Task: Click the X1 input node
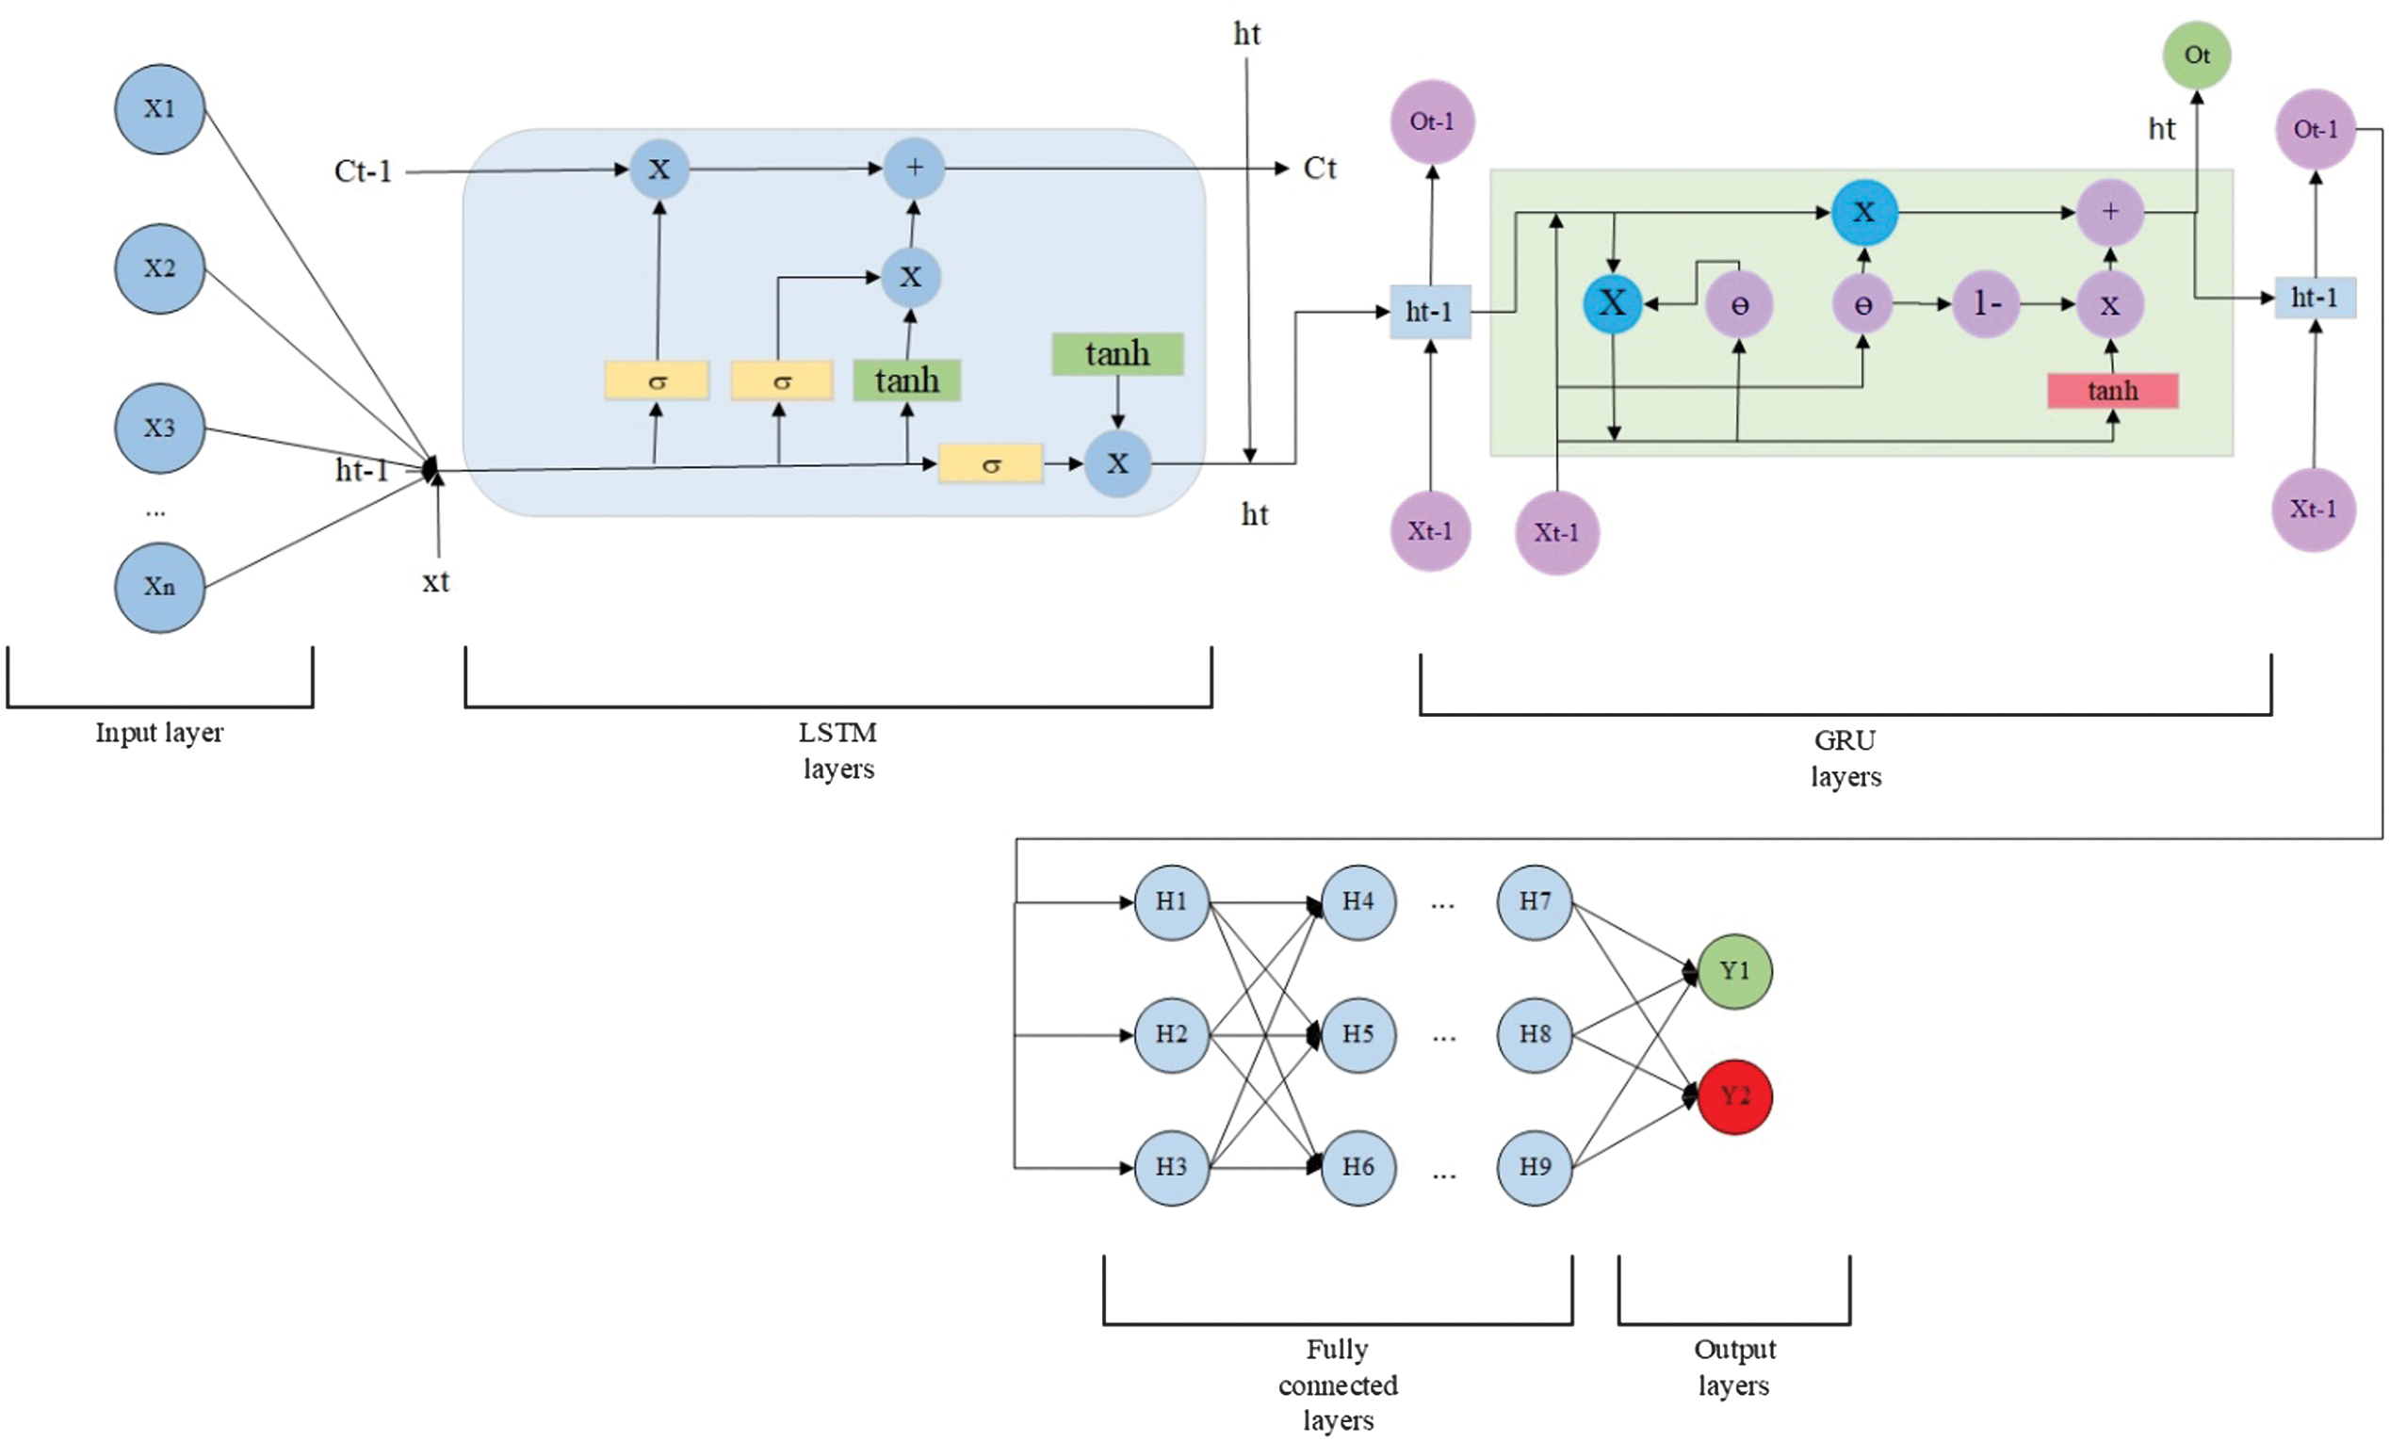point(160,109)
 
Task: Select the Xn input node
point(160,588)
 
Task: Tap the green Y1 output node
point(1735,972)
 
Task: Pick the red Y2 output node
point(1735,1096)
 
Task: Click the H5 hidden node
point(1358,1035)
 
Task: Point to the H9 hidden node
point(1535,1168)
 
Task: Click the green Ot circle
point(2197,57)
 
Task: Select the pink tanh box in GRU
point(2113,391)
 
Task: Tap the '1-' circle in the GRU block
point(1986,304)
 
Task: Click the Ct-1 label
point(363,171)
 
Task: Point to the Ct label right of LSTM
point(1319,169)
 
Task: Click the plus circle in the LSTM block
point(914,169)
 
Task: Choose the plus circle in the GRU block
point(2109,212)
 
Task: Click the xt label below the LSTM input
point(435,582)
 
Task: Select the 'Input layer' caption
point(159,733)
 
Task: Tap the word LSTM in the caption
point(837,733)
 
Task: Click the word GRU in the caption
point(1845,741)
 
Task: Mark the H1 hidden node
point(1172,903)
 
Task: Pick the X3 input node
point(160,429)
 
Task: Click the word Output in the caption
point(1734,1350)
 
